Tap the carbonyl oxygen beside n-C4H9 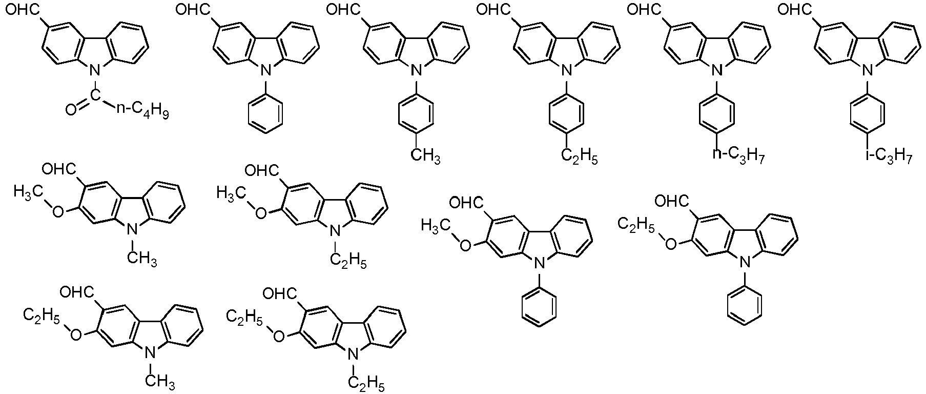point(71,109)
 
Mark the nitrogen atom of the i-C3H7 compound point(865,69)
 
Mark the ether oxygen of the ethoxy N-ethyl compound point(278,336)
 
